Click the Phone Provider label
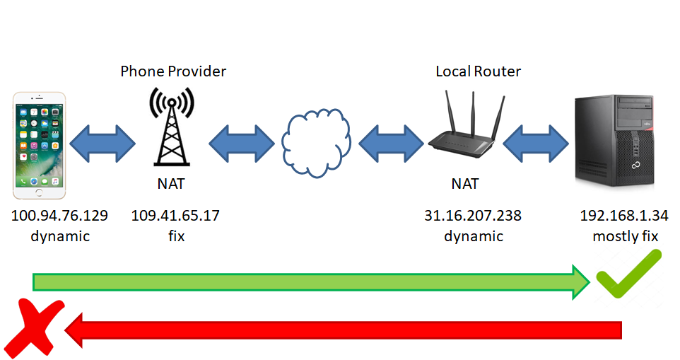coord(173,71)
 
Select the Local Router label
coord(478,71)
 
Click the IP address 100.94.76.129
coord(60,216)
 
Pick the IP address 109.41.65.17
coord(175,216)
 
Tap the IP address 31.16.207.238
coord(473,216)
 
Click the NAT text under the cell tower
coord(171,185)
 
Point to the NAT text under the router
coord(465,185)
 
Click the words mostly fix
coord(626,236)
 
